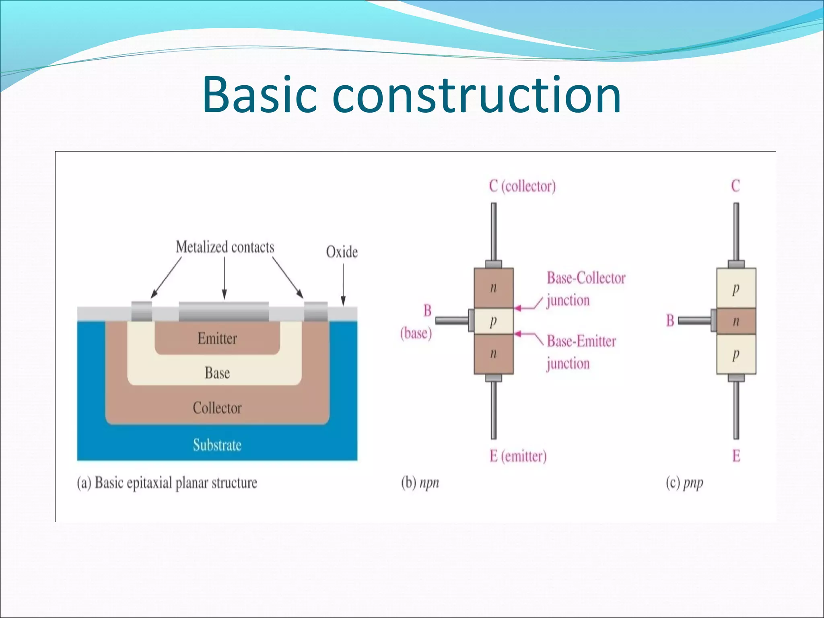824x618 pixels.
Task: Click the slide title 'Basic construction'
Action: tap(412, 95)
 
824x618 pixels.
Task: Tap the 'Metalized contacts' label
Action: tap(225, 247)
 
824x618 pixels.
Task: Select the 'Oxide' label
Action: tap(342, 252)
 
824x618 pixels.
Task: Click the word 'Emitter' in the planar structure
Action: tap(217, 338)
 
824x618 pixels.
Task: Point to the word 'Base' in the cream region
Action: tap(217, 373)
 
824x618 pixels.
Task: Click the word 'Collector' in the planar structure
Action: tap(217, 408)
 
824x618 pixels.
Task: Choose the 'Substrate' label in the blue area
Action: tap(217, 445)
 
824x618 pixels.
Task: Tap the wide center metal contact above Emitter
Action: tap(224, 311)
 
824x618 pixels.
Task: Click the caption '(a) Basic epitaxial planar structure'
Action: tap(167, 483)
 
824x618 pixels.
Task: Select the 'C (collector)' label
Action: tap(522, 186)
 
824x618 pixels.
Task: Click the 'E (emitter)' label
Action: tap(518, 456)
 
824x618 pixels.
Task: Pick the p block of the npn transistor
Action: tap(493, 321)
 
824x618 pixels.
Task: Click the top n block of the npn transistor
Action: tap(493, 288)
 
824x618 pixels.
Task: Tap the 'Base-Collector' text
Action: tap(586, 278)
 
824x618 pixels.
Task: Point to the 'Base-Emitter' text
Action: tap(581, 341)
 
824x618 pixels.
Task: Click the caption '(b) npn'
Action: tap(420, 482)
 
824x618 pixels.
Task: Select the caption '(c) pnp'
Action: tap(684, 482)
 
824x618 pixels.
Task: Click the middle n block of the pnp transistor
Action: tap(736, 321)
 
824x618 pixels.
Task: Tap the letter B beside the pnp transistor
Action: tap(670, 321)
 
